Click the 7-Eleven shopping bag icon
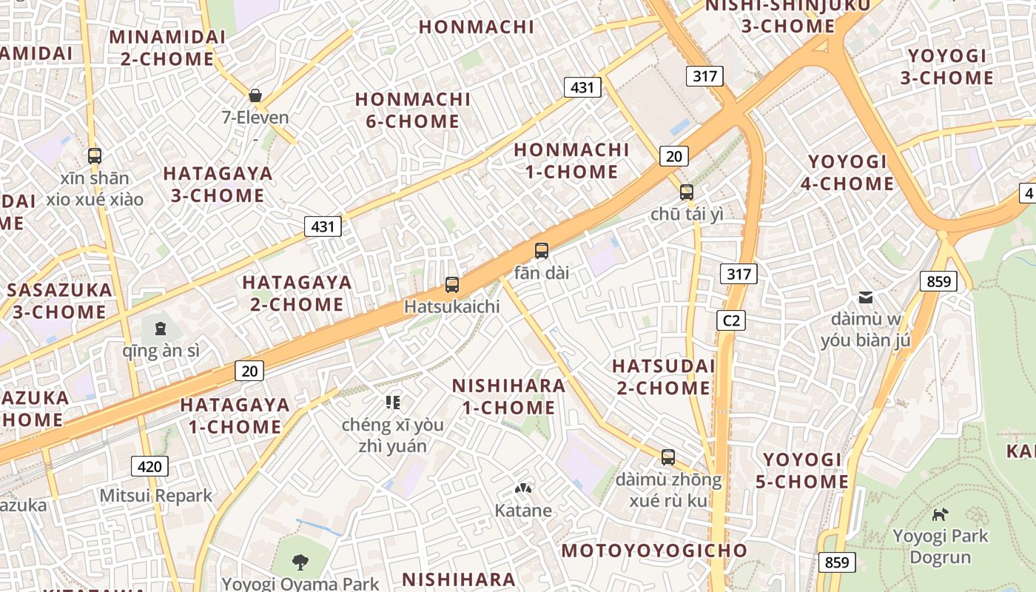click(x=255, y=95)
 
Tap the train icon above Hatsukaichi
click(x=451, y=285)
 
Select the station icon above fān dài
click(x=542, y=251)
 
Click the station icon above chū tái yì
click(x=687, y=192)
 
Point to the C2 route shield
click(x=731, y=320)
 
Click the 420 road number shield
click(x=149, y=466)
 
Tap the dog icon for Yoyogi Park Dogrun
click(x=940, y=514)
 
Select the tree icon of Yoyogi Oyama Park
click(x=300, y=562)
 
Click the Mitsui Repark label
click(x=156, y=496)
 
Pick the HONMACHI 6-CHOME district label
click(x=413, y=110)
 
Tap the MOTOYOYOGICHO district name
click(x=655, y=551)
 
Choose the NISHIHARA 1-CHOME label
click(x=508, y=397)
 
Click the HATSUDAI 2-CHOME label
click(x=663, y=377)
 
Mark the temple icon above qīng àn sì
click(x=161, y=329)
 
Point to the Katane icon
click(x=523, y=489)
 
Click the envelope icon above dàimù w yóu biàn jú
click(x=865, y=298)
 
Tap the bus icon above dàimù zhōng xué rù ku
click(x=668, y=457)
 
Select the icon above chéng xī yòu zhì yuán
click(x=393, y=403)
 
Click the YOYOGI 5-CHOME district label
click(x=802, y=471)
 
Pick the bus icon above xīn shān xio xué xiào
click(x=95, y=155)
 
